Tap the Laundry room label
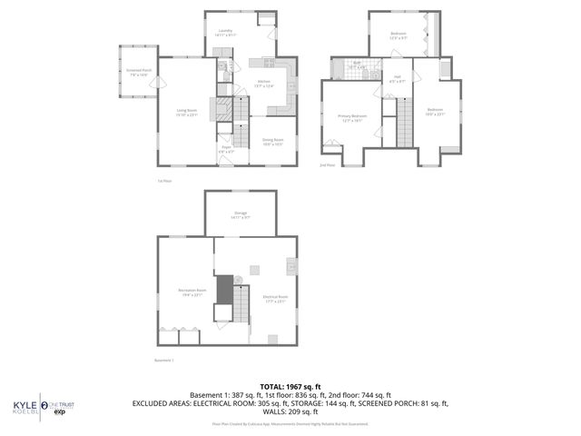(226, 32)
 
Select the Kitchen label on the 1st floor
(264, 84)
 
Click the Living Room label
(186, 112)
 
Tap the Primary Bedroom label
(353, 117)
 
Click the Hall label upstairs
(398, 78)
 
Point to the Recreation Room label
(190, 292)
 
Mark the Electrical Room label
(275, 299)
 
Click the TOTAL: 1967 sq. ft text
(290, 388)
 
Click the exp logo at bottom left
(60, 412)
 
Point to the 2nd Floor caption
(327, 165)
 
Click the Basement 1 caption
(164, 360)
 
